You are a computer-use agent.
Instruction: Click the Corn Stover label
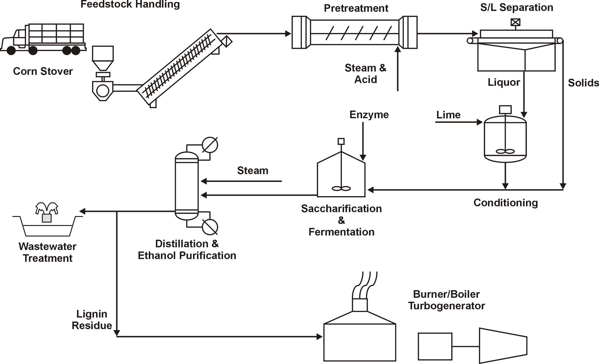(x=43, y=71)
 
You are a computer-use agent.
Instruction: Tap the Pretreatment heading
(x=356, y=8)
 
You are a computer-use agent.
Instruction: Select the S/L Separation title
(x=516, y=8)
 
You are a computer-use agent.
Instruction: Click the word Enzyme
(x=369, y=115)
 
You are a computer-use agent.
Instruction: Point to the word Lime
(x=448, y=115)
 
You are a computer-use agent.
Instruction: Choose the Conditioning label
(x=506, y=203)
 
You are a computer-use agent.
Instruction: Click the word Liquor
(x=504, y=82)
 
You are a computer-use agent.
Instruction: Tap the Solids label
(x=583, y=83)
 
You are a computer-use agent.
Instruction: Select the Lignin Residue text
(x=92, y=320)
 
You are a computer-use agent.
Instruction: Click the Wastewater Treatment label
(x=47, y=252)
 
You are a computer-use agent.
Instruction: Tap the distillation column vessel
(x=187, y=186)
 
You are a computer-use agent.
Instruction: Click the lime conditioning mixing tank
(x=505, y=139)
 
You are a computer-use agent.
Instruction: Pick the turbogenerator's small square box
(x=435, y=346)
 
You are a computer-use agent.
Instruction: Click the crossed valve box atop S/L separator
(x=515, y=22)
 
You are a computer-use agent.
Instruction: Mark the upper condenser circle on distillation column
(x=210, y=145)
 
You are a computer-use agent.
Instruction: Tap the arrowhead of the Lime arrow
(x=480, y=122)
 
